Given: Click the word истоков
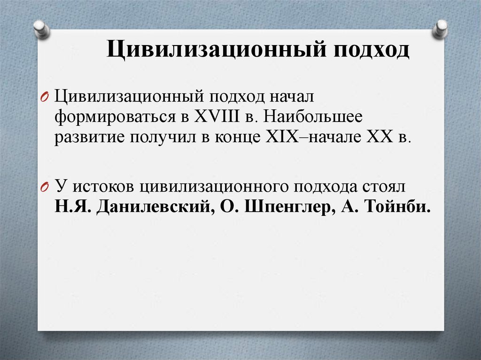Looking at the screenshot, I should [101, 187].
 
